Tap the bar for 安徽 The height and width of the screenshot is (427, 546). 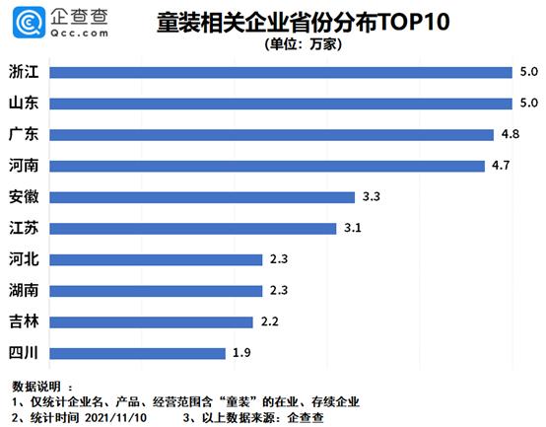coord(201,196)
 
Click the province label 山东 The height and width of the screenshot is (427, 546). coord(23,103)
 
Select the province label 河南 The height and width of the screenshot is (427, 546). coord(23,165)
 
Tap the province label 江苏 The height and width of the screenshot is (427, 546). coord(23,228)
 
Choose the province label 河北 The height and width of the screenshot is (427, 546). coord(23,259)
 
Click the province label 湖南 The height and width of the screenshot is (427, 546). coord(23,290)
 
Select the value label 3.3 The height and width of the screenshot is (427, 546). coord(372,196)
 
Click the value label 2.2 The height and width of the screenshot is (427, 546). coord(271,320)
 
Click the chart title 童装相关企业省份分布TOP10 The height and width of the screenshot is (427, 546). coord(286,21)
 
